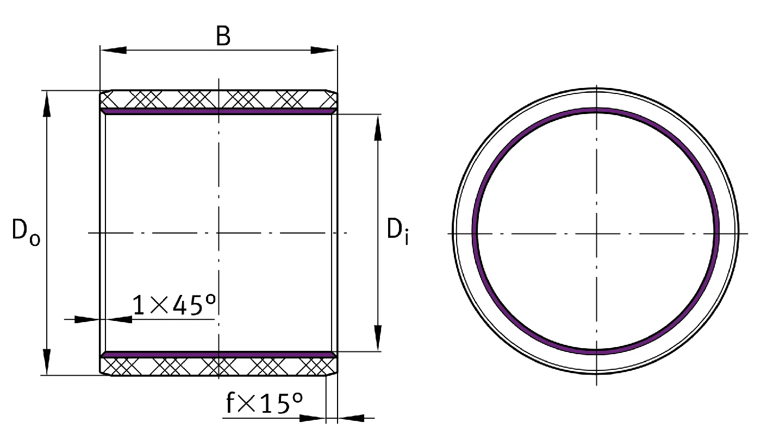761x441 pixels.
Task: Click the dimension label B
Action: [x=223, y=36]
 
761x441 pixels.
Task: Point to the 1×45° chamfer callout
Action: [x=174, y=305]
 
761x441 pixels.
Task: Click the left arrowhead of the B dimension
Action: [x=114, y=51]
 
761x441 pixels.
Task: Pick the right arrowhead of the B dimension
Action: [x=324, y=51]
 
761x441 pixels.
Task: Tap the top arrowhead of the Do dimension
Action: [x=47, y=104]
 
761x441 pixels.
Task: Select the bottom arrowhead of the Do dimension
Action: [x=47, y=362]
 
